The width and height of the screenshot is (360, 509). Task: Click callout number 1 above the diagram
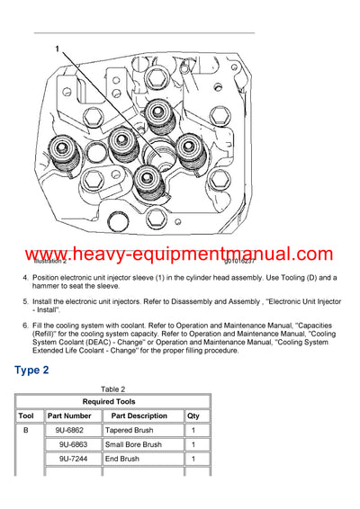point(58,50)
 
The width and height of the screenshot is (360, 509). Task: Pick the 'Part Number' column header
point(69,416)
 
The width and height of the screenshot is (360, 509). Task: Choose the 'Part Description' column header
point(139,416)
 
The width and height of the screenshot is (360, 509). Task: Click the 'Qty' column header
point(193,416)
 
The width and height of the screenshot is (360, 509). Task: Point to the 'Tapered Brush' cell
point(131,431)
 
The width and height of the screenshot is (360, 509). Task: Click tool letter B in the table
point(26,431)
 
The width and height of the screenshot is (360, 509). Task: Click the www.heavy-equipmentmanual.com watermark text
point(180,256)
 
